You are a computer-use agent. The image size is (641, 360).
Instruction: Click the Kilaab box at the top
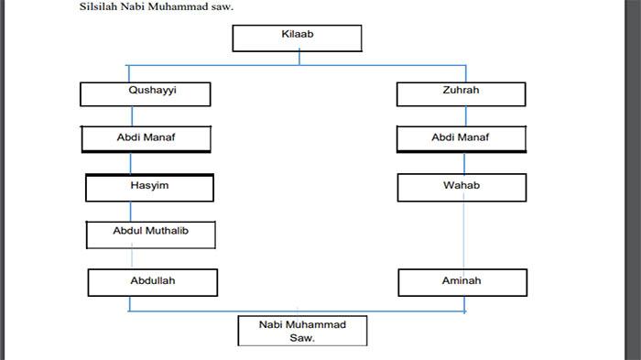click(297, 38)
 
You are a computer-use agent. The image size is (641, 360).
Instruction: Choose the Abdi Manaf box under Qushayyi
click(146, 138)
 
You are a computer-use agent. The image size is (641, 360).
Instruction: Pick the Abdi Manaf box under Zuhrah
click(461, 138)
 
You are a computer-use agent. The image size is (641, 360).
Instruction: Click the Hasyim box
click(149, 188)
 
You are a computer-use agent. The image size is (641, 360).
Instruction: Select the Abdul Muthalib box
click(151, 235)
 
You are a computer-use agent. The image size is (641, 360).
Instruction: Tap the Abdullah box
click(152, 282)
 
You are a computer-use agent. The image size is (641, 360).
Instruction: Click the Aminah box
click(462, 282)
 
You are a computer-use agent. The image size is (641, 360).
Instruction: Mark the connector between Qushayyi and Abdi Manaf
click(132, 116)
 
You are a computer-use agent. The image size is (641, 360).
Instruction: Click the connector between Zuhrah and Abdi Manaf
click(465, 116)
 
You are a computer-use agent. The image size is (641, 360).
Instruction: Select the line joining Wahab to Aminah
click(464, 235)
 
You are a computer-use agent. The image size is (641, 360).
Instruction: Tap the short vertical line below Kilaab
click(299, 58)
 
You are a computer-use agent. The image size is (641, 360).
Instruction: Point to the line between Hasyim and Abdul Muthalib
click(132, 211)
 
